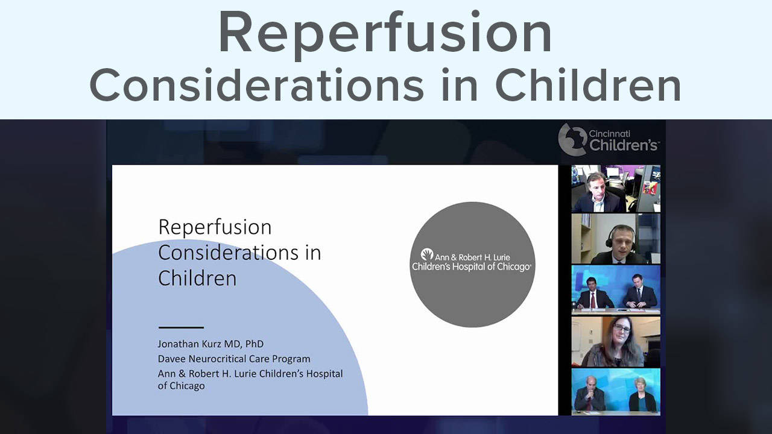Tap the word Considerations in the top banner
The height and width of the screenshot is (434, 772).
pos(256,85)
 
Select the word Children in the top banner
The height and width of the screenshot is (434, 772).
pos(588,85)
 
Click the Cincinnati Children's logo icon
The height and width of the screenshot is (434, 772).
pos(572,139)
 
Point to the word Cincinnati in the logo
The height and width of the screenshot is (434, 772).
pos(609,133)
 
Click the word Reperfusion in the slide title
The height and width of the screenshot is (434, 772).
pos(215,228)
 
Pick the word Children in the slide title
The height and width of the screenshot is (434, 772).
pos(197,278)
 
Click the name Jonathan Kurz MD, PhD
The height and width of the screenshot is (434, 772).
pos(210,344)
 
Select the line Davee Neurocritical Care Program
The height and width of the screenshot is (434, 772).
pos(234,359)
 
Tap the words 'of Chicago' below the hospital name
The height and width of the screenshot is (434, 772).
pos(182,386)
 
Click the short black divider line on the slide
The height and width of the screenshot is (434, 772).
pos(181,327)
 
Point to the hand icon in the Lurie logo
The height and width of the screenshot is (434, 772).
pos(426,254)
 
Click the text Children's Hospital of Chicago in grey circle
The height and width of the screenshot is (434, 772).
pos(472,266)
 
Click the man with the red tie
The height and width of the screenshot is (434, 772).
pos(593,294)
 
